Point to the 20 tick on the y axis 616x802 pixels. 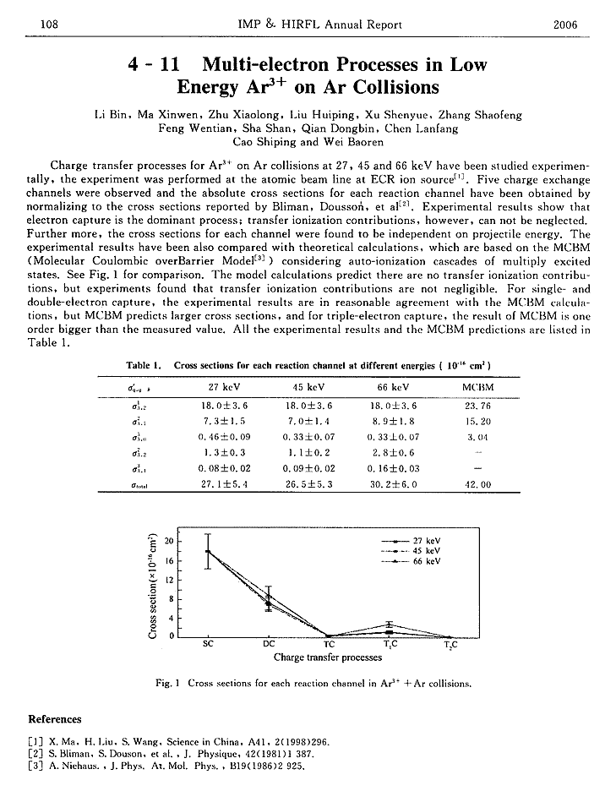[169, 542]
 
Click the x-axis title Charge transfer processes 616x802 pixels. [328, 657]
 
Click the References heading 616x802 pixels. [55, 719]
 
